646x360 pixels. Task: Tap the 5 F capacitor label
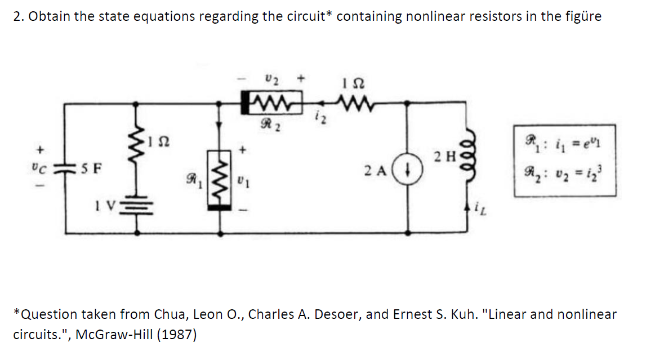click(x=91, y=167)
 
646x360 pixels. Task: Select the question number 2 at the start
click(x=17, y=16)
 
